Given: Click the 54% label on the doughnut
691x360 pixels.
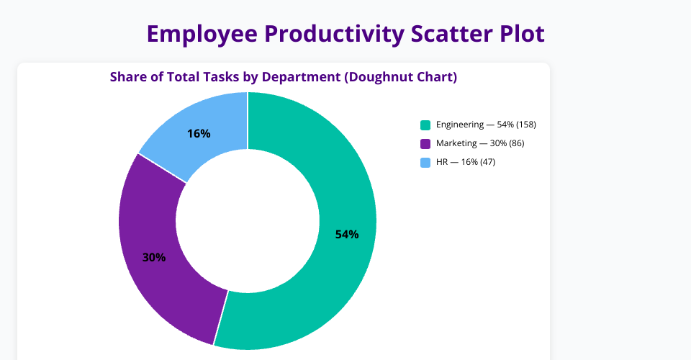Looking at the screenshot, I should tap(346, 234).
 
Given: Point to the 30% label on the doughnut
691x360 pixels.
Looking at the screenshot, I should tap(154, 257).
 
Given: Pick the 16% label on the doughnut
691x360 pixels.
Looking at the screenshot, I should tap(199, 133).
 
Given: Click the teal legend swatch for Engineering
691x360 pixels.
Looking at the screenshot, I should tap(425, 125).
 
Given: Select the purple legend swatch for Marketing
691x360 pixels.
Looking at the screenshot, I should tap(425, 143).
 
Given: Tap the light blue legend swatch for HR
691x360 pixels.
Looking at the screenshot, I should tap(425, 162).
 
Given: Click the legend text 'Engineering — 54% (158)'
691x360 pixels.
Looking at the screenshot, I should tap(486, 125).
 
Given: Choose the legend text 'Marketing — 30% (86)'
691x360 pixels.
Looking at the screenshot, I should tap(480, 143).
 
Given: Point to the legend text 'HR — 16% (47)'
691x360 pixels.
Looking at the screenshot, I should tap(466, 162).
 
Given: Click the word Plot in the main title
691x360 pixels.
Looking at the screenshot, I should tap(520, 34).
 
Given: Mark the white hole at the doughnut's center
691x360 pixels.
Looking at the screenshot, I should tap(248, 220).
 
